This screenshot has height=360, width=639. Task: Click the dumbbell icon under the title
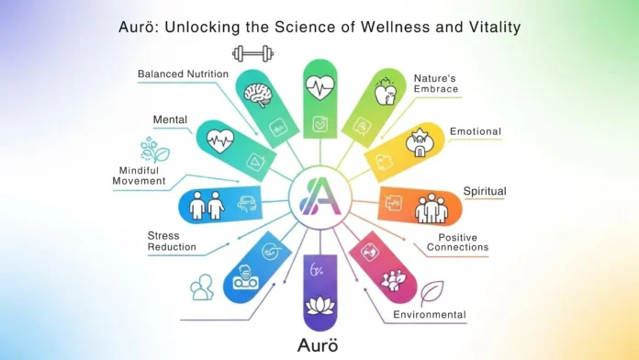(x=253, y=53)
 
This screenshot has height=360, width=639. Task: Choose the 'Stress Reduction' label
(x=171, y=241)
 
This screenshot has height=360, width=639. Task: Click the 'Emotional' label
(x=476, y=131)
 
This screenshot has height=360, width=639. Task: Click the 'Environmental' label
(x=430, y=315)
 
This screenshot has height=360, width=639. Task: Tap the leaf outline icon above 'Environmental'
(x=431, y=292)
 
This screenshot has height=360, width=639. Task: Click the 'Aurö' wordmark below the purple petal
(x=319, y=345)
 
